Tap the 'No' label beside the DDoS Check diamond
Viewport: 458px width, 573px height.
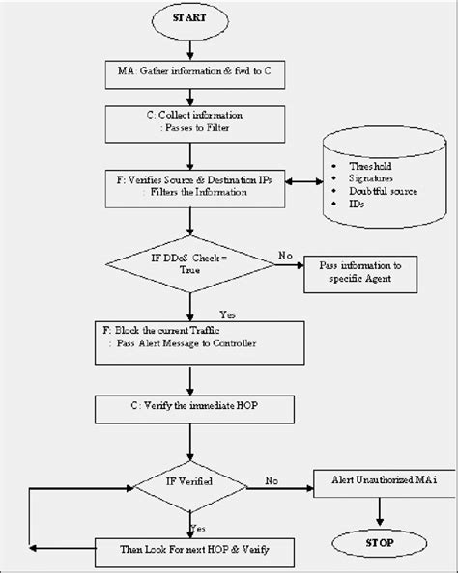point(285,256)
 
